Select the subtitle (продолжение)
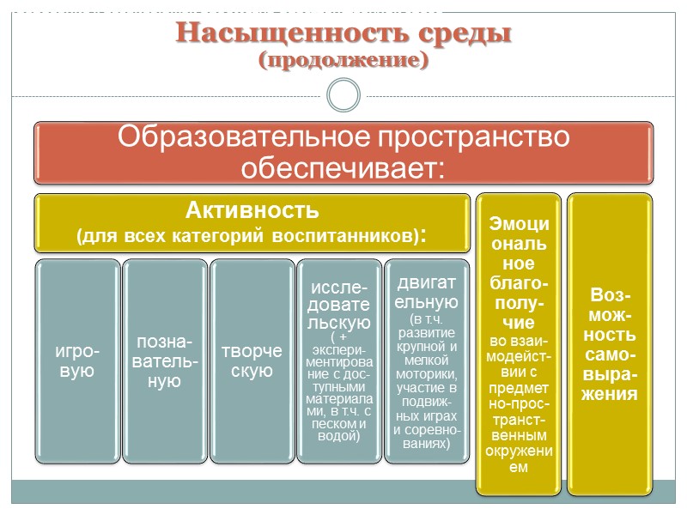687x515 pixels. pyautogui.click(x=343, y=61)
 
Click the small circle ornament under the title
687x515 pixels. pyautogui.click(x=343, y=95)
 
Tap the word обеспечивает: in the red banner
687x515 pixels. pyautogui.click(x=343, y=167)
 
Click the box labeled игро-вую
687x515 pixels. pyautogui.click(x=76, y=362)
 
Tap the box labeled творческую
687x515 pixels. pyautogui.click(x=252, y=362)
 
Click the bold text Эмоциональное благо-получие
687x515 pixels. pyautogui.click(x=519, y=272)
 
